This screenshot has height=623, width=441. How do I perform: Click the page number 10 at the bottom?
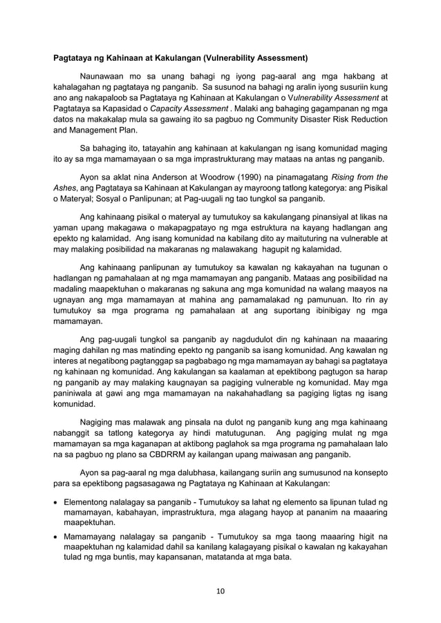click(x=220, y=591)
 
